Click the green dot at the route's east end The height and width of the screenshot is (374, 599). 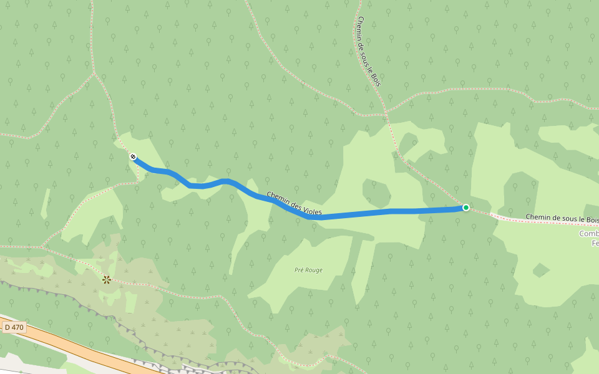click(465, 208)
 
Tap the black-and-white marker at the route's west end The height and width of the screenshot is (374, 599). click(133, 156)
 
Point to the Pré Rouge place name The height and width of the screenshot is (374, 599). click(308, 270)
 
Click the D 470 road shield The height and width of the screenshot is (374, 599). click(13, 327)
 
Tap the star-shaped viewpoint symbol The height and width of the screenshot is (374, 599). click(107, 280)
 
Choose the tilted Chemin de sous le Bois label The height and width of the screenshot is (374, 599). click(369, 52)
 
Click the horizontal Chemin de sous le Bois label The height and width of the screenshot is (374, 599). click(562, 218)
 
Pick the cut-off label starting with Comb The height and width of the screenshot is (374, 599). click(588, 234)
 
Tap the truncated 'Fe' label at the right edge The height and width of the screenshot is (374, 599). click(595, 243)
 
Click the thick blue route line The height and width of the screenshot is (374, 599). click(374, 213)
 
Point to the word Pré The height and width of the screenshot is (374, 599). click(299, 270)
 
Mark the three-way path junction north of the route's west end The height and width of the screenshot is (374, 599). click(95, 73)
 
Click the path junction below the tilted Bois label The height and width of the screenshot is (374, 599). click(386, 113)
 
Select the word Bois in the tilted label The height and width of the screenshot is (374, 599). click(376, 78)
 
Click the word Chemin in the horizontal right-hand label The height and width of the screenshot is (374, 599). click(538, 217)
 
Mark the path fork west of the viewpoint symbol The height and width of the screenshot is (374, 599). click(43, 247)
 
